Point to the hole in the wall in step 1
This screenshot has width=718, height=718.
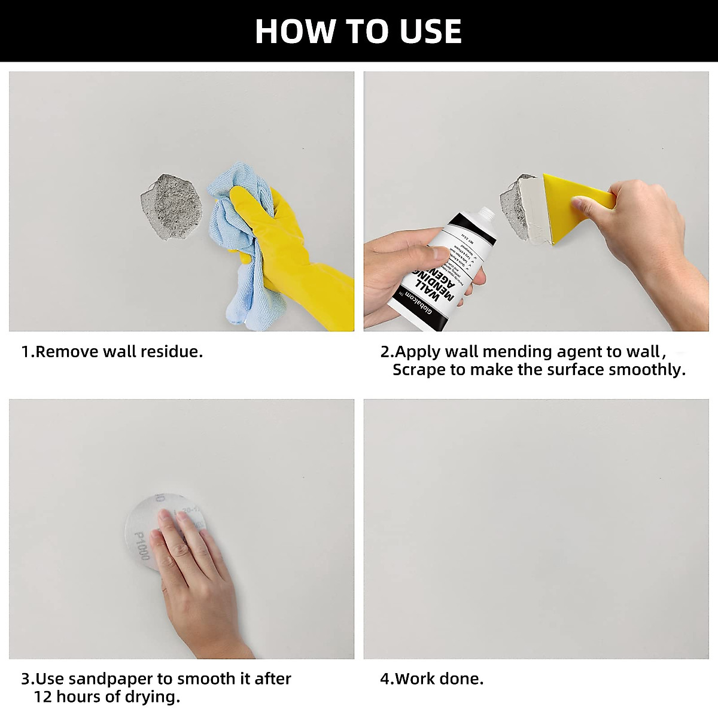[171, 206]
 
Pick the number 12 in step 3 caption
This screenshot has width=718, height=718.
[42, 697]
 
